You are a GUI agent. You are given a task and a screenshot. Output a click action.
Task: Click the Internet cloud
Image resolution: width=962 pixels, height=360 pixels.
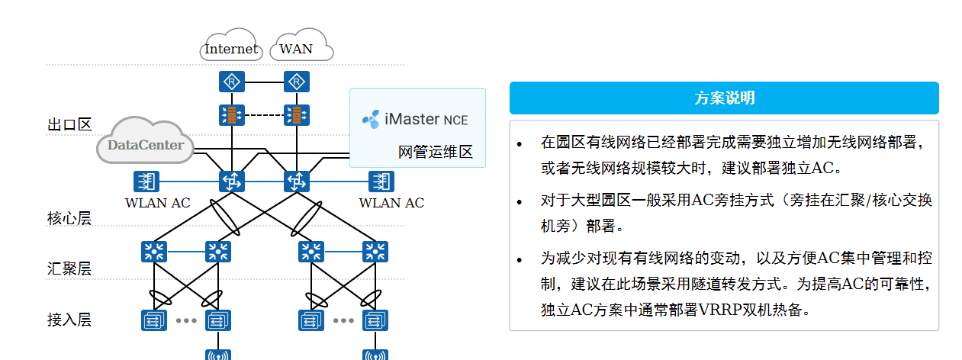(231, 49)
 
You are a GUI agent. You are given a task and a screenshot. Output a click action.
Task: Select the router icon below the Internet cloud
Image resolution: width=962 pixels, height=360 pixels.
(230, 82)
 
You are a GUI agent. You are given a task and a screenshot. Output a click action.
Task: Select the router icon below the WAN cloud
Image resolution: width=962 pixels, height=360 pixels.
(295, 82)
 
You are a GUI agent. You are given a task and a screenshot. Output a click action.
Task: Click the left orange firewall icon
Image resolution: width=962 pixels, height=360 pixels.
(230, 115)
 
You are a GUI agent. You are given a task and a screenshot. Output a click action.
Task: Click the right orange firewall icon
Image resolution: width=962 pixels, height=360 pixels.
(295, 115)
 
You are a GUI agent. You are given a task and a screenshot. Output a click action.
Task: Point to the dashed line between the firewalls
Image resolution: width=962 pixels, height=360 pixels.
(262, 115)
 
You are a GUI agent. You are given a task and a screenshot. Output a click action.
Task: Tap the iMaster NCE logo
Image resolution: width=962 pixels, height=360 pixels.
(371, 120)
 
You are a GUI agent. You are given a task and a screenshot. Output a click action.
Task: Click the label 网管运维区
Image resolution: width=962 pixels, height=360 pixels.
(436, 152)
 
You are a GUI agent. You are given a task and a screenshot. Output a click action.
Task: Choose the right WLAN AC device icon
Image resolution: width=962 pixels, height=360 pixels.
(380, 182)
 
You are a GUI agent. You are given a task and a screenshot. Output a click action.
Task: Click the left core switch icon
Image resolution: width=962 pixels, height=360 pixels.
(230, 182)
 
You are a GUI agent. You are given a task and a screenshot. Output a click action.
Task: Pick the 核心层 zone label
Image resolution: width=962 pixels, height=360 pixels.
(69, 219)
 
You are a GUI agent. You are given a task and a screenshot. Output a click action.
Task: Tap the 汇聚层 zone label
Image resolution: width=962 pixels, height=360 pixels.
(69, 268)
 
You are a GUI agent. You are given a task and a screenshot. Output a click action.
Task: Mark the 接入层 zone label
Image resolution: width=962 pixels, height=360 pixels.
(69, 320)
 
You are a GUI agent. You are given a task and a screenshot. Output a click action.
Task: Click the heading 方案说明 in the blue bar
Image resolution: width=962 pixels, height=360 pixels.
(724, 98)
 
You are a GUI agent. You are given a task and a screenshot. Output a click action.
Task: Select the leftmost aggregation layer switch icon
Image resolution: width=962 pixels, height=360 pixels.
(154, 251)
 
